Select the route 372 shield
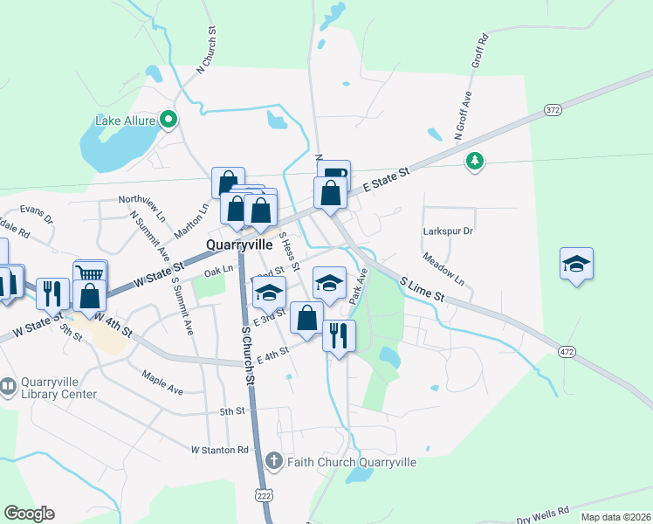[x=552, y=110]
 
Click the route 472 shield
[x=567, y=351]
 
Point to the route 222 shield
[x=264, y=495]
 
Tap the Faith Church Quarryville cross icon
[x=273, y=460]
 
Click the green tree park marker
[x=474, y=161]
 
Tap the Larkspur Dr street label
[x=447, y=231]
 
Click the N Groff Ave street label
[x=463, y=116]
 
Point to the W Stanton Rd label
[x=219, y=450]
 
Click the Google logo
[x=29, y=514]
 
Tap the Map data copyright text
[x=615, y=517]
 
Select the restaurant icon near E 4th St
[x=338, y=334]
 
